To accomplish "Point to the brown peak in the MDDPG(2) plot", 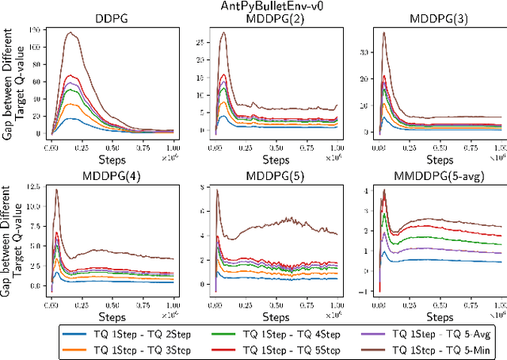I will pyautogui.click(x=223, y=33).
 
